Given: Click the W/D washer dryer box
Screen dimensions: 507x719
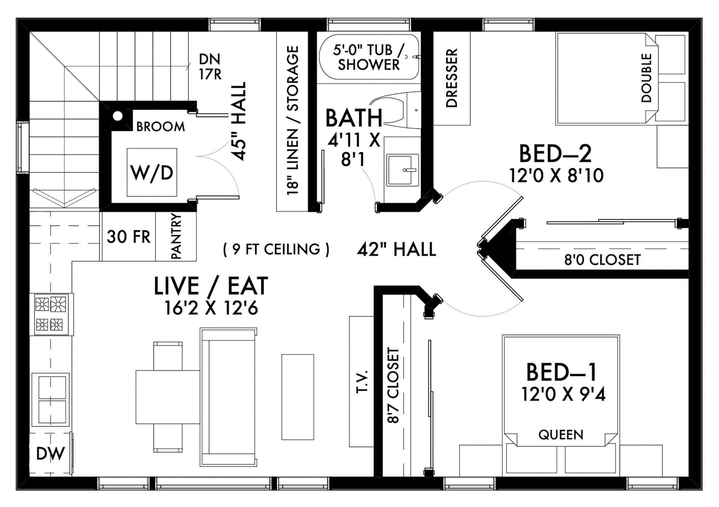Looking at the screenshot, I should point(152,172).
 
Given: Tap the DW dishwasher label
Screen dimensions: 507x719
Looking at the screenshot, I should point(51,454).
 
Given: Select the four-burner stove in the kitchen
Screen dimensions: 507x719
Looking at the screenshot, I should point(51,314).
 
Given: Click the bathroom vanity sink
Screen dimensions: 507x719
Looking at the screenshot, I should point(403,170).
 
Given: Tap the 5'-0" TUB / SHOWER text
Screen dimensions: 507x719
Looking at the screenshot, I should point(368,57).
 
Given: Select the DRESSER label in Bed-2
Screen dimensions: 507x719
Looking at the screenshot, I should point(451,78).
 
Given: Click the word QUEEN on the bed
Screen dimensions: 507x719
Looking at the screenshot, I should point(561,435).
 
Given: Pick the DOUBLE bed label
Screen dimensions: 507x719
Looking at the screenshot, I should point(646,78).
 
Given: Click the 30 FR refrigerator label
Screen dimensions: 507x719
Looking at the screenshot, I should point(128,237).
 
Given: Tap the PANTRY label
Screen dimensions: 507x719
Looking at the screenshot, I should point(176,236).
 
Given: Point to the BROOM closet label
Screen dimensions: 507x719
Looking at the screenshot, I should point(160,127).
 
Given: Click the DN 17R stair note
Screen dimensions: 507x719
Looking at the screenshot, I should point(210,67).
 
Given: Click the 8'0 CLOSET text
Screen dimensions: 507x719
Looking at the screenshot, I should point(602,260).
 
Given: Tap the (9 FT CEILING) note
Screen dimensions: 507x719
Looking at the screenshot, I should point(276,249).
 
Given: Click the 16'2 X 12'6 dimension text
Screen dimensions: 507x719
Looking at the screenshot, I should point(211,308).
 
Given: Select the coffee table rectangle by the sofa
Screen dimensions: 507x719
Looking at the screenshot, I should point(297,397).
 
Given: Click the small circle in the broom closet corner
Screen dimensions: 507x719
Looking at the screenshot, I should point(118,116).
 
